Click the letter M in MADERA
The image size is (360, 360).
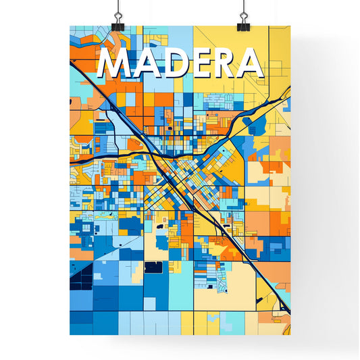115,65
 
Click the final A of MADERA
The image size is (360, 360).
251,65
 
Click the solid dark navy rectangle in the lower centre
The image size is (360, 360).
153,267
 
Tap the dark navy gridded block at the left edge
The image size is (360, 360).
80,276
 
